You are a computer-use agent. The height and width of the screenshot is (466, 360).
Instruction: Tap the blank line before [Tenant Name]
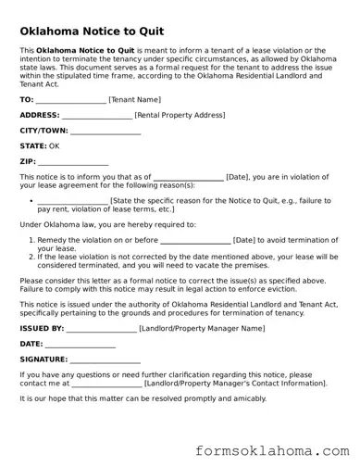pos(71,100)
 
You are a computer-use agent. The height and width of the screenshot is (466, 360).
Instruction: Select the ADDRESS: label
pos(39,115)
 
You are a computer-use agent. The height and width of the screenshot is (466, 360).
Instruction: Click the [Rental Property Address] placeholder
pos(180,115)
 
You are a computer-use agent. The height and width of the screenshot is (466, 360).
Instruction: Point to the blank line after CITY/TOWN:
pos(106,132)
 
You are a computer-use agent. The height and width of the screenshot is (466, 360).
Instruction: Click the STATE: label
pos(32,146)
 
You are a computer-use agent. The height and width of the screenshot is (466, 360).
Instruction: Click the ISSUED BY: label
pos(42,328)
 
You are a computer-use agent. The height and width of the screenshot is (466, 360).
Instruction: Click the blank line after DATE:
pos(80,344)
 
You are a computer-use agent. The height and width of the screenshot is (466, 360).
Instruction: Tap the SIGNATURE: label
pos(43,359)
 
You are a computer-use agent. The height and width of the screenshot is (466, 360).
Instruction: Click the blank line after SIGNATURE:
pos(106,360)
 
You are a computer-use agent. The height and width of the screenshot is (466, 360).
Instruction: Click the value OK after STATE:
pos(55,146)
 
